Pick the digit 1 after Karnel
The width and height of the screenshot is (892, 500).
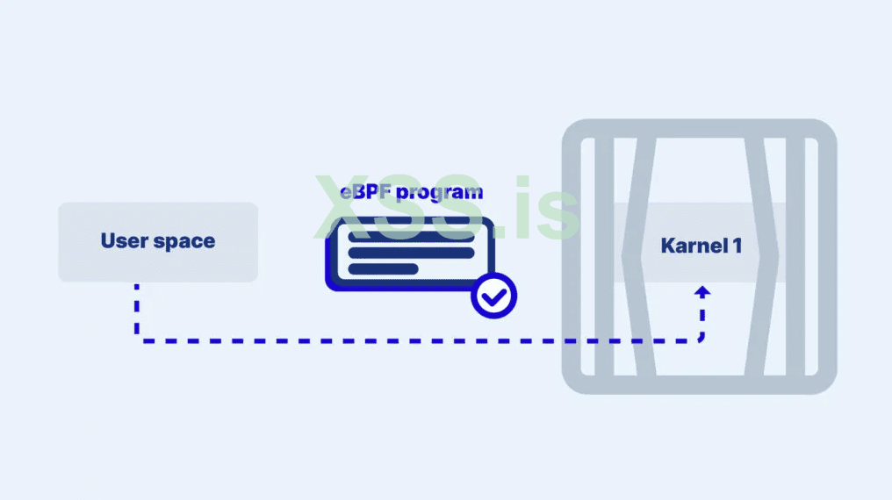[x=736, y=245]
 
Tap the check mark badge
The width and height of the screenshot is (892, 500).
[x=493, y=296]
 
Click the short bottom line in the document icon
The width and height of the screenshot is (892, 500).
[x=384, y=269]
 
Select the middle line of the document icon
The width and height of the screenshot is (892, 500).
[x=411, y=253]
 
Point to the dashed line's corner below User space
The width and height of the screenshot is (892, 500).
[x=137, y=339]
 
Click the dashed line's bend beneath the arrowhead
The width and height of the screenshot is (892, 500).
[x=701, y=339]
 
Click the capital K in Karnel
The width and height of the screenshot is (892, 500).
[x=668, y=245]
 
